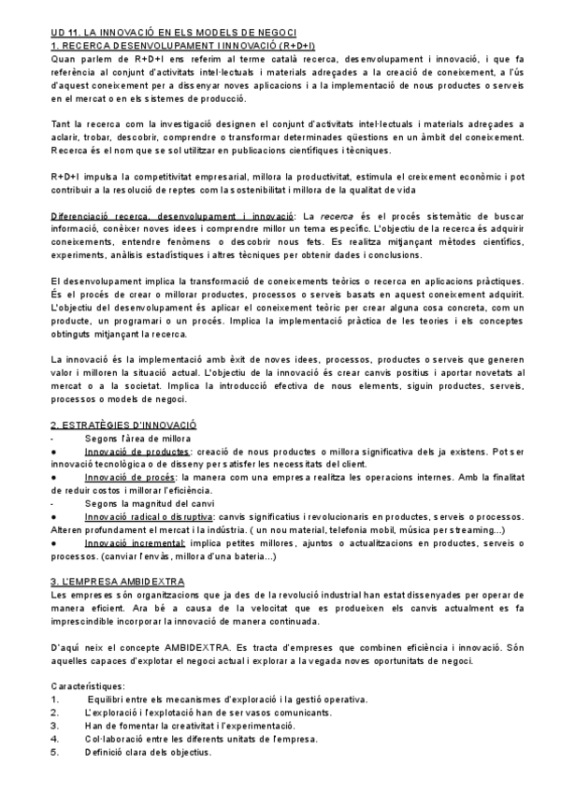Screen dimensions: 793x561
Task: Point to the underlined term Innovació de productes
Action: [x=137, y=425]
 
